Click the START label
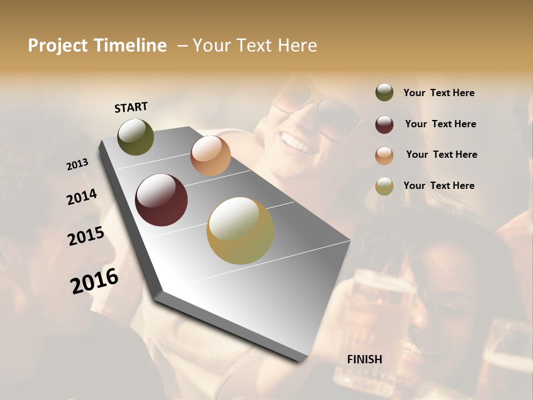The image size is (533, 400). pos(131,107)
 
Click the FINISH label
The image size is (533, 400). pos(364,359)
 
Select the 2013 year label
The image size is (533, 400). pos(78,164)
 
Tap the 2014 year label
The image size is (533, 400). pos(82,197)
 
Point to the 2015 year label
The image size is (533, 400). pos(86,236)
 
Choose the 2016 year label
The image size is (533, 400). pos(94,281)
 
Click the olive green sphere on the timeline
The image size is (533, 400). pos(135,137)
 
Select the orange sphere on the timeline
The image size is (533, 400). pos(210,156)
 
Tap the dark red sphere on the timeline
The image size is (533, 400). pos(161,200)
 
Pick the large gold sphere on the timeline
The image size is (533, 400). pos(240,231)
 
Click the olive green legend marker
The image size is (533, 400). pos(384,93)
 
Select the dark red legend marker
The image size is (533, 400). pos(384,124)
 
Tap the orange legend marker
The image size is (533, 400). pos(384,155)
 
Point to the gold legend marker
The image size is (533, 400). pos(384,186)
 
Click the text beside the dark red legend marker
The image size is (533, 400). pos(440,124)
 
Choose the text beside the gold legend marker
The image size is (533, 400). pos(439,186)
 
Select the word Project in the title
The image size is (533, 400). pos(58,46)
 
